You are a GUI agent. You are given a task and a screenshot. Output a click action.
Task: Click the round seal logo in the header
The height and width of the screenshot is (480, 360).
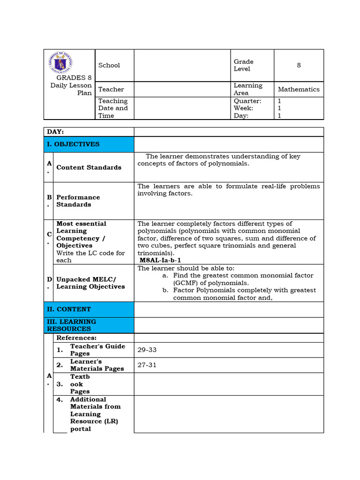coord(60,63)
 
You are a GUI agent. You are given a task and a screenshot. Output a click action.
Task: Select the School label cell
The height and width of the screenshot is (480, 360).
coord(109,65)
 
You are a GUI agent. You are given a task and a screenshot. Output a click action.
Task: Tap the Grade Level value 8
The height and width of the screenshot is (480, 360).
coord(299,65)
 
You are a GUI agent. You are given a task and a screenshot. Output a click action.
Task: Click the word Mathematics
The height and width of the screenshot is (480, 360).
coord(299,89)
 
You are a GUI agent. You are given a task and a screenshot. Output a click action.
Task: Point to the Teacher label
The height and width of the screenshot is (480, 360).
coord(111,89)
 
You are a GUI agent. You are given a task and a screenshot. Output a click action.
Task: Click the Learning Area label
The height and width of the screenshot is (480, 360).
coord(248,89)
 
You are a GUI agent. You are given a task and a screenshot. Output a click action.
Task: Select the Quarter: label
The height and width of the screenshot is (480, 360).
coord(247,101)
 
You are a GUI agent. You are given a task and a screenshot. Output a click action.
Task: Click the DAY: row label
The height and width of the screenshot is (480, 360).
coord(55,132)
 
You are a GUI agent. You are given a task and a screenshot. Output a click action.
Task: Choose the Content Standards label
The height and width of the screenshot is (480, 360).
coord(89,167)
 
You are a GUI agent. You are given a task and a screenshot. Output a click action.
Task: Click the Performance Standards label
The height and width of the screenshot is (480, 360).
coord(78,201)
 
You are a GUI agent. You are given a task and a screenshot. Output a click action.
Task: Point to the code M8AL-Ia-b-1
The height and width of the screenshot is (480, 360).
coord(160,260)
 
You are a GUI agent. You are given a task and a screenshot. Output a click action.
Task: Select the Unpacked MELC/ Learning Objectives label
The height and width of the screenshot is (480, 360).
coord(90,283)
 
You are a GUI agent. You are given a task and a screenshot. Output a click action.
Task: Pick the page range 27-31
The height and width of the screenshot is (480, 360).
coord(147,365)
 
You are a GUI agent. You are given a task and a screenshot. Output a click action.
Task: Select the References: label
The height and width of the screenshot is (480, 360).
coord(76,337)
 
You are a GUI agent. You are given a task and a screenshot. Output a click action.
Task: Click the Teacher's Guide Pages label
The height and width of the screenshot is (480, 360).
coord(97,350)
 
